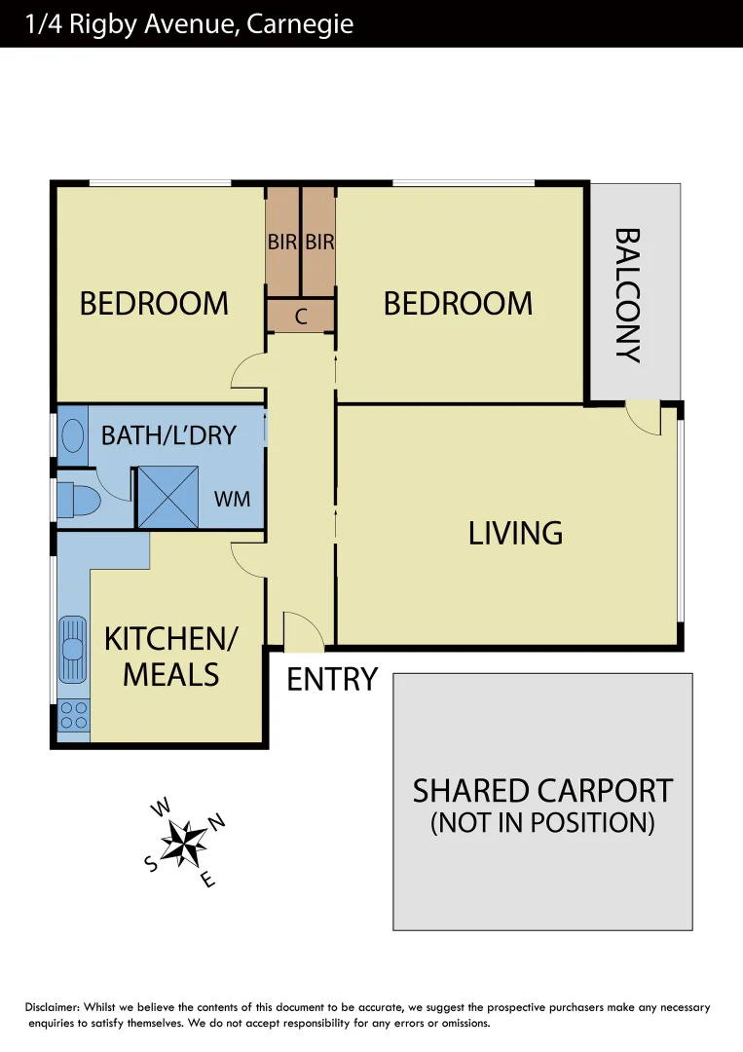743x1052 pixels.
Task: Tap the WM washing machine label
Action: point(232,499)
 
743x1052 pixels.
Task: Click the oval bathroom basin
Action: point(73,435)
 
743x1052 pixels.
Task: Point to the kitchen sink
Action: point(73,649)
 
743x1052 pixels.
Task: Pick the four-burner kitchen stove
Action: point(73,716)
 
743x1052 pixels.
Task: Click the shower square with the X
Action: point(167,497)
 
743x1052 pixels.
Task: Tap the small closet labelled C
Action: point(301,316)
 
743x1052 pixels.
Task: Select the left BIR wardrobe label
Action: point(282,243)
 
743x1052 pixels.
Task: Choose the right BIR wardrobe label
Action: point(319,243)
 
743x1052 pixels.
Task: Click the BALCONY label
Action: point(627,294)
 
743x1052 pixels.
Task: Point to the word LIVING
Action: point(515,533)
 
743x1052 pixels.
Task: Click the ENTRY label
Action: point(331,679)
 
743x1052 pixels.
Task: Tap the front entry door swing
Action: point(302,632)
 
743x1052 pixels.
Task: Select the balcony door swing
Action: point(643,417)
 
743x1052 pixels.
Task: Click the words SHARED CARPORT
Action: point(542,790)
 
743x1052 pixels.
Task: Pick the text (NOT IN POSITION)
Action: point(542,822)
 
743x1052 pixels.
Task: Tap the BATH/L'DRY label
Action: point(168,434)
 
